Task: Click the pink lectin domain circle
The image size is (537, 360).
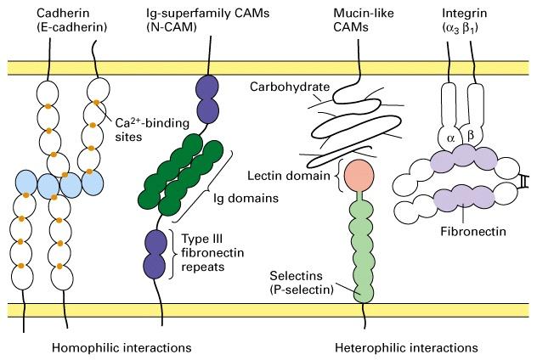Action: (x=359, y=176)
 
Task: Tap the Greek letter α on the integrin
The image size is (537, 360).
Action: (x=450, y=138)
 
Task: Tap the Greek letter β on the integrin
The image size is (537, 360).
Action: (x=471, y=136)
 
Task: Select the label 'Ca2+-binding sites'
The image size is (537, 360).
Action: (x=152, y=129)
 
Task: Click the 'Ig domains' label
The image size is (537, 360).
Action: (x=246, y=198)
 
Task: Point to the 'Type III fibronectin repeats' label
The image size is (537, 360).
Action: (x=212, y=252)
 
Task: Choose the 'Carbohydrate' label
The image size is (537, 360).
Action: (x=290, y=87)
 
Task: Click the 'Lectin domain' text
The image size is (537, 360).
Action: (x=289, y=176)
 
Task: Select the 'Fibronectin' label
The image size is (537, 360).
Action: (x=473, y=231)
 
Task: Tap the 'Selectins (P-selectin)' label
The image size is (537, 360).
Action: (x=302, y=283)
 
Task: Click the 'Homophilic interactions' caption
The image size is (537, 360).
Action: (x=122, y=348)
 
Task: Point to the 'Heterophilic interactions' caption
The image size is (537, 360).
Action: (x=406, y=348)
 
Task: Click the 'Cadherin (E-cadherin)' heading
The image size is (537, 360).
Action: (x=72, y=20)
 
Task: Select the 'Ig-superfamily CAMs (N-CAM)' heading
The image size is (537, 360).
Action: (x=208, y=20)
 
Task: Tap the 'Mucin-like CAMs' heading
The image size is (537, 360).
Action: (x=364, y=20)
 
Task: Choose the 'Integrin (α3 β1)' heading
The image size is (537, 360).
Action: (x=465, y=20)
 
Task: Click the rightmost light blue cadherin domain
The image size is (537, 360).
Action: (x=93, y=183)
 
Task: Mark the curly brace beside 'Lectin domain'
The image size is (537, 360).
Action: (x=339, y=175)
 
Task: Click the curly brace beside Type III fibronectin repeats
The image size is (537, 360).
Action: (x=173, y=254)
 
